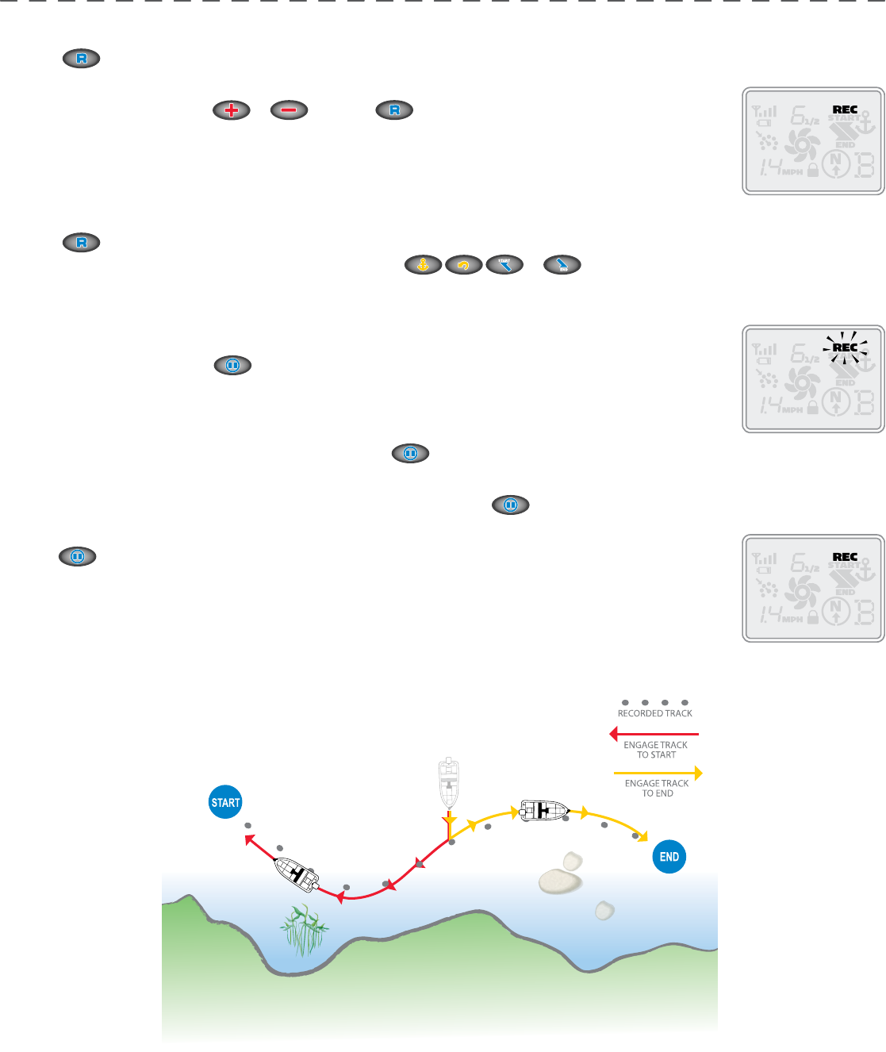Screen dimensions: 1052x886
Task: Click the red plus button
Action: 232,110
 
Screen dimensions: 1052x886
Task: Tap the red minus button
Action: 289,110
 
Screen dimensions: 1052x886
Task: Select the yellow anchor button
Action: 424,265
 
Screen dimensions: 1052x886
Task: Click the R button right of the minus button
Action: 394,110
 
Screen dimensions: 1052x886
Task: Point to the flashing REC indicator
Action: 845,347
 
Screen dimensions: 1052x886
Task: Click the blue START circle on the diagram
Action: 225,802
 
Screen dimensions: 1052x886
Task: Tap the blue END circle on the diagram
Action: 669,857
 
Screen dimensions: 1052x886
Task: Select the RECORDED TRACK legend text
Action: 655,713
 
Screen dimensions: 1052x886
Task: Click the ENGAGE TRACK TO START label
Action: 656,750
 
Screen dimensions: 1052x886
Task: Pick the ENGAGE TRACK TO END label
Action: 657,788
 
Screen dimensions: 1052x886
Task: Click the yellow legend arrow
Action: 658,773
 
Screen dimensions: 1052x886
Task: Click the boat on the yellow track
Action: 544,810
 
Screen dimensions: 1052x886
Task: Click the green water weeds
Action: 304,930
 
